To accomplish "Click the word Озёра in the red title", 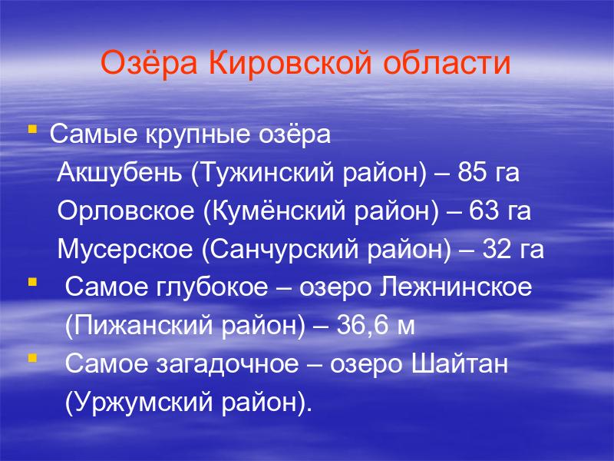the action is point(149,62).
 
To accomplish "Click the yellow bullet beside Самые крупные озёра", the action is point(32,128).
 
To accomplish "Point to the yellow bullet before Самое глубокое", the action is point(32,282).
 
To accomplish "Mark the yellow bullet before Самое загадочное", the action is point(32,358).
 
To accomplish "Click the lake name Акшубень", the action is point(120,173).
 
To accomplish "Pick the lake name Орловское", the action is point(126,211).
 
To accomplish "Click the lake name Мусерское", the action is point(125,249).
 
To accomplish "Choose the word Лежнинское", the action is point(456,287).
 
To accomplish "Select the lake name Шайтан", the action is point(459,363).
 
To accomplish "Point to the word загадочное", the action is point(227,364).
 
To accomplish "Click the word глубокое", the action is point(212,287).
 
